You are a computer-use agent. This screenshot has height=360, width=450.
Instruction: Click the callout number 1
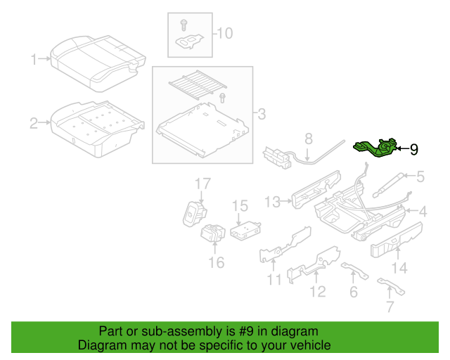33,60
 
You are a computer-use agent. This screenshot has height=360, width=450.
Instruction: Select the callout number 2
33,124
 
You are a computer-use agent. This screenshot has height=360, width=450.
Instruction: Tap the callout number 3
261,113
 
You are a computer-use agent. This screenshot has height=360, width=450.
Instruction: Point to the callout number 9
413,149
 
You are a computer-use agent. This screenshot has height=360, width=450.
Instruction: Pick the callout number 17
202,184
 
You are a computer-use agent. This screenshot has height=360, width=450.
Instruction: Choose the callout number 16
216,262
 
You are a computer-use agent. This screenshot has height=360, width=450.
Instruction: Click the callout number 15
240,205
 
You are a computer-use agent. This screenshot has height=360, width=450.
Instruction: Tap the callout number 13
272,202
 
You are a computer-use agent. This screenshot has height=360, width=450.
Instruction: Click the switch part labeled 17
193,213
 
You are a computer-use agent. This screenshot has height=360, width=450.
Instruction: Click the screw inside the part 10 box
184,25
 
